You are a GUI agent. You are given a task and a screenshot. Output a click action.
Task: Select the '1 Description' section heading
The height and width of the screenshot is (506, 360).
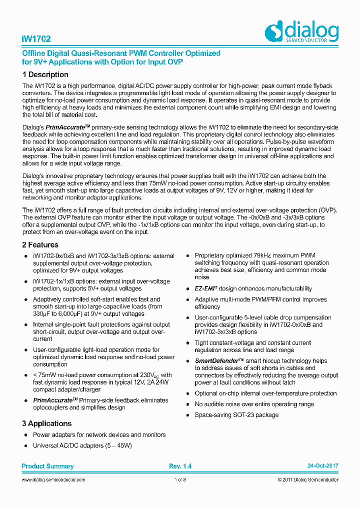click(45, 74)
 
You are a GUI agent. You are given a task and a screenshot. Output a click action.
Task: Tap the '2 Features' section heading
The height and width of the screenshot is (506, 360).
click(40, 245)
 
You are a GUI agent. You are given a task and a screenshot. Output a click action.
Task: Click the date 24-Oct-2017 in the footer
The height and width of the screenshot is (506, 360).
click(322, 466)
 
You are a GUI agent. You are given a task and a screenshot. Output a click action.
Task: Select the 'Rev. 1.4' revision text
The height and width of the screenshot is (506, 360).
click(180, 466)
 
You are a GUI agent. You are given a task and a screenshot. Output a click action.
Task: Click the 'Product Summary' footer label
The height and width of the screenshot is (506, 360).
click(47, 466)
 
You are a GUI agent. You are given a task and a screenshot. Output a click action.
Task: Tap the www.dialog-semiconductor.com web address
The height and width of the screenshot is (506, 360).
click(53, 480)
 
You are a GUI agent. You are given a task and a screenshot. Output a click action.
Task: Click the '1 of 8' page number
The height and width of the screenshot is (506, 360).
click(180, 480)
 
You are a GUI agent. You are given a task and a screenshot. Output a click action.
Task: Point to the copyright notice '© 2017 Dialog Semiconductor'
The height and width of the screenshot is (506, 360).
click(307, 480)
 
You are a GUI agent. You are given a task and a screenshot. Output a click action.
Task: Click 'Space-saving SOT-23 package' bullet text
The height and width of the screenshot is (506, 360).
click(236, 415)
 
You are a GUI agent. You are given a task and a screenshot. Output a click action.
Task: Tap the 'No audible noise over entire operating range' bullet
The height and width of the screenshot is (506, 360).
click(254, 404)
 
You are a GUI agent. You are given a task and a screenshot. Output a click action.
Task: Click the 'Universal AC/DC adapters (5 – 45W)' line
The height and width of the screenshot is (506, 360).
click(82, 445)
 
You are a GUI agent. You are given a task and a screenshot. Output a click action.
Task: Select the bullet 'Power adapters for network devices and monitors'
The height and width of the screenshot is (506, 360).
click(99, 434)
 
